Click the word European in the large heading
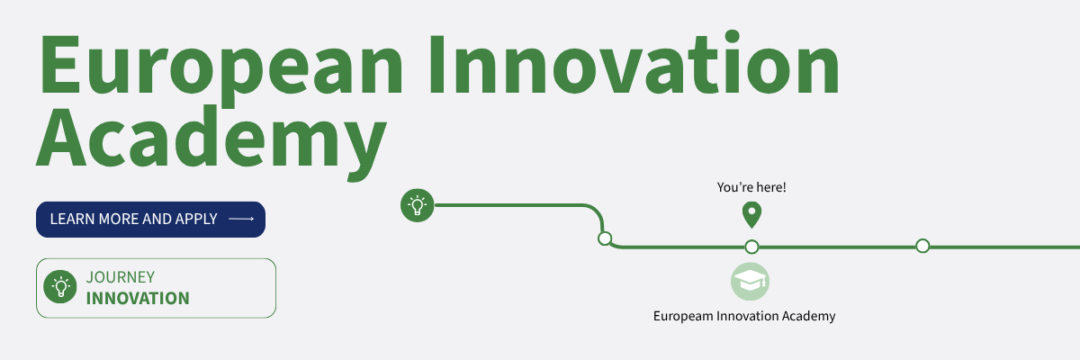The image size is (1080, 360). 220,67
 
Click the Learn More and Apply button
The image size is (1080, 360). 150,220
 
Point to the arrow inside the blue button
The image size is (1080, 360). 241,220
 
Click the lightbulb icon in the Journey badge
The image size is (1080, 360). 60,287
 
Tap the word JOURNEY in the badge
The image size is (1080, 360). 121,277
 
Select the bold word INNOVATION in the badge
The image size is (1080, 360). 138,298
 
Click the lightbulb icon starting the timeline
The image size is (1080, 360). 418,205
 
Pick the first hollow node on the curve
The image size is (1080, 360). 605,238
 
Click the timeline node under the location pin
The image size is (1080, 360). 751,247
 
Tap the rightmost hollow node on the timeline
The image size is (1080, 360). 922,247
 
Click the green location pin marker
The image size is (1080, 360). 751,215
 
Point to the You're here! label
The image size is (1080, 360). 751,187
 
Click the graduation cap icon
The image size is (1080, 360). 751,282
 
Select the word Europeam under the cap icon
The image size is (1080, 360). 683,317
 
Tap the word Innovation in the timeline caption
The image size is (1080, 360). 747,316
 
